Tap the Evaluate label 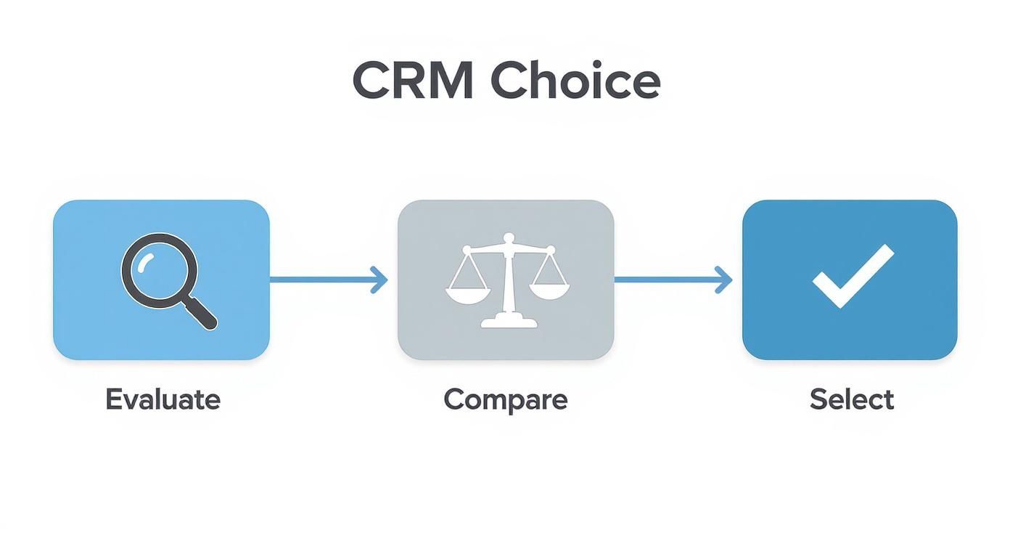[x=163, y=400]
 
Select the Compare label [x=505, y=400]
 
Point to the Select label [x=851, y=400]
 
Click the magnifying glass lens [x=159, y=269]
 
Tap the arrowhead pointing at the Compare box [x=379, y=280]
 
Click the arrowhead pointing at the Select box [x=723, y=280]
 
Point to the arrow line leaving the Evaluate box [x=319, y=280]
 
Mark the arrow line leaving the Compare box [x=664, y=280]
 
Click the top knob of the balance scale [x=509, y=237]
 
